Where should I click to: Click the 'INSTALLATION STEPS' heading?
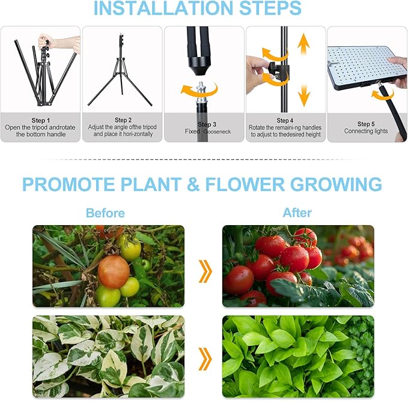click(x=197, y=8)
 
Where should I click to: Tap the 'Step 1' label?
click(x=40, y=120)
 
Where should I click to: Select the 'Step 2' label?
click(x=123, y=120)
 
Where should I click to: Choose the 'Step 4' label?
click(x=285, y=120)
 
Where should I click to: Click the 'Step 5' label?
click(x=366, y=124)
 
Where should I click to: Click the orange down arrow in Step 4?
click(x=303, y=94)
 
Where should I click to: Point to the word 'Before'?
click(x=105, y=213)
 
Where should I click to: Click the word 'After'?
click(x=297, y=213)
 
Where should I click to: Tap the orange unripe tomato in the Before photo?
click(x=114, y=271)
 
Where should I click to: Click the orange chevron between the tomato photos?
click(x=205, y=272)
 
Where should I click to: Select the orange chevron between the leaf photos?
click(x=205, y=359)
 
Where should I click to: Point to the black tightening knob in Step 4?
click(x=278, y=66)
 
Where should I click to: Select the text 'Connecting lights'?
click(x=366, y=131)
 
